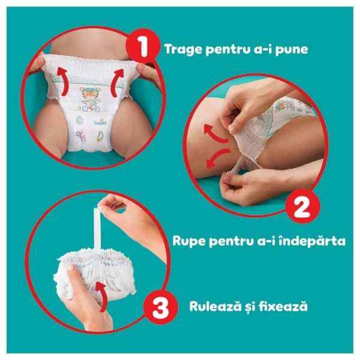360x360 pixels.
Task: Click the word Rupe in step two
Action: (x=188, y=241)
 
